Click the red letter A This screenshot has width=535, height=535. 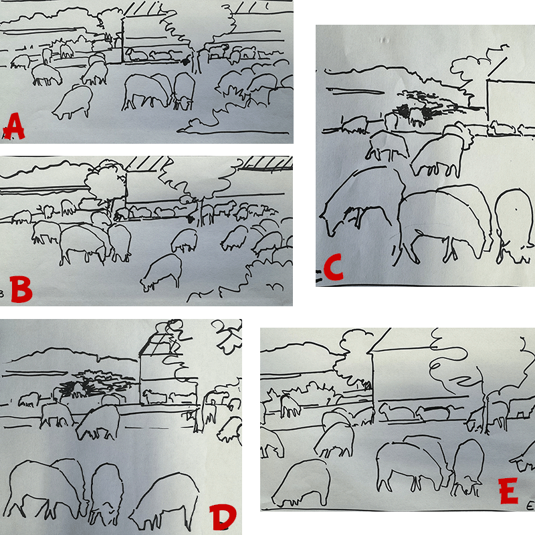[x=13, y=126]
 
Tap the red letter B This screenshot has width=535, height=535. [x=21, y=290]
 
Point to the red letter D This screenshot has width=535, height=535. [x=223, y=517]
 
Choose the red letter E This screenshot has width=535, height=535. [x=508, y=491]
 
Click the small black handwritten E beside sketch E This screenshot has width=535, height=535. [x=530, y=506]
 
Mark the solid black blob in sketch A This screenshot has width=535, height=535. [x=186, y=62]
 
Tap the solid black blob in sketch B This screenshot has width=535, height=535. [x=190, y=219]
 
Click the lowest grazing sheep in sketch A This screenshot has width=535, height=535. [x=73, y=102]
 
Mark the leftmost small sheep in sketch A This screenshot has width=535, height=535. [x=21, y=62]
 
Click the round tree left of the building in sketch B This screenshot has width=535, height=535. [x=105, y=182]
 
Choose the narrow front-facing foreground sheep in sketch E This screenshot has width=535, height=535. [x=468, y=467]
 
